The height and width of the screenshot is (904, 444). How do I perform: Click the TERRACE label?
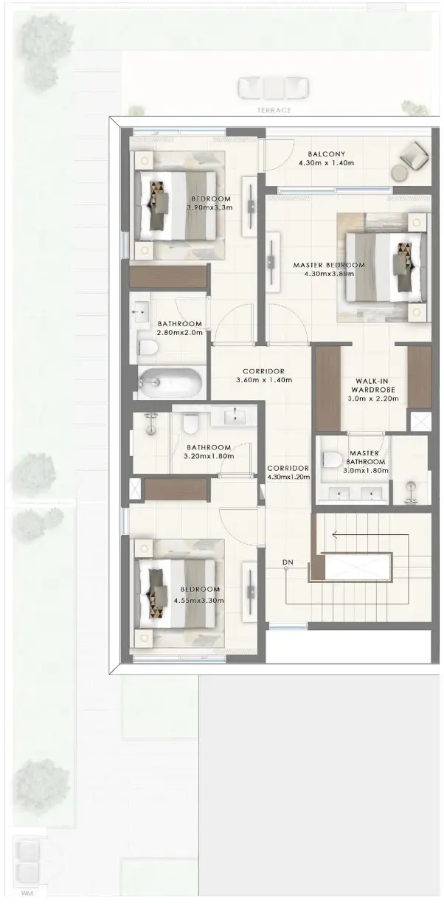coord(274,110)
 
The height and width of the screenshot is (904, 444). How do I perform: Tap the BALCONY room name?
coord(326,153)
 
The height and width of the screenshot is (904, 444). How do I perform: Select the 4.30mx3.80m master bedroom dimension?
coord(329,274)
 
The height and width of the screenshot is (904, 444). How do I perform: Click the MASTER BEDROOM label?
coord(329,265)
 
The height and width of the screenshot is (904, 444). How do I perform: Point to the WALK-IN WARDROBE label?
coord(373,385)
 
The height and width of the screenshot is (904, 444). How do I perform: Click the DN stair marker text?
coord(288,562)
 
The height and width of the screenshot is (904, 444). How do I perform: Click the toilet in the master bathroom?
coord(333,460)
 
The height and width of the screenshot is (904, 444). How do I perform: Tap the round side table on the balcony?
coord(399,173)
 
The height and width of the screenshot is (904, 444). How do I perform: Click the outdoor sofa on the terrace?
coord(274,88)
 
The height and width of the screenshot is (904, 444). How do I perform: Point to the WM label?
coord(27,894)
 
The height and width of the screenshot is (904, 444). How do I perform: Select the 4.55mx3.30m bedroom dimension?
coord(199,600)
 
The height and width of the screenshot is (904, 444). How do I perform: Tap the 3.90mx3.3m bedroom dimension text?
coord(209,207)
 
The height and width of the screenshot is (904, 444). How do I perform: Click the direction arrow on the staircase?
coord(370,536)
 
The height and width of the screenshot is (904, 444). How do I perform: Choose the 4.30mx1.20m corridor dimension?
coord(288,477)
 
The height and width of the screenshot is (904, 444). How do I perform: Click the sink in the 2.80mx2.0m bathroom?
coord(141,311)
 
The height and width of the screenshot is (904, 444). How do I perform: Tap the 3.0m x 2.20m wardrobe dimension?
coord(373,398)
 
